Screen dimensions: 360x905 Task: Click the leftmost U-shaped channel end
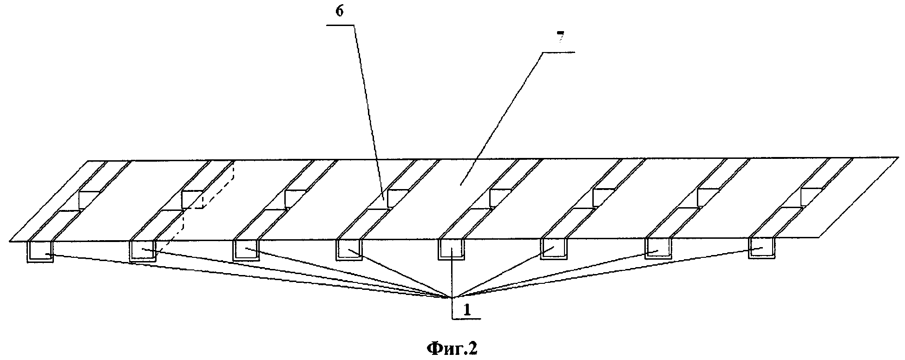pos(40,251)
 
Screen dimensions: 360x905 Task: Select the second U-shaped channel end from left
pos(143,251)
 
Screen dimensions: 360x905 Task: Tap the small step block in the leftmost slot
pos(87,200)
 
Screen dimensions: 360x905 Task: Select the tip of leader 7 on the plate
pos(460,185)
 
